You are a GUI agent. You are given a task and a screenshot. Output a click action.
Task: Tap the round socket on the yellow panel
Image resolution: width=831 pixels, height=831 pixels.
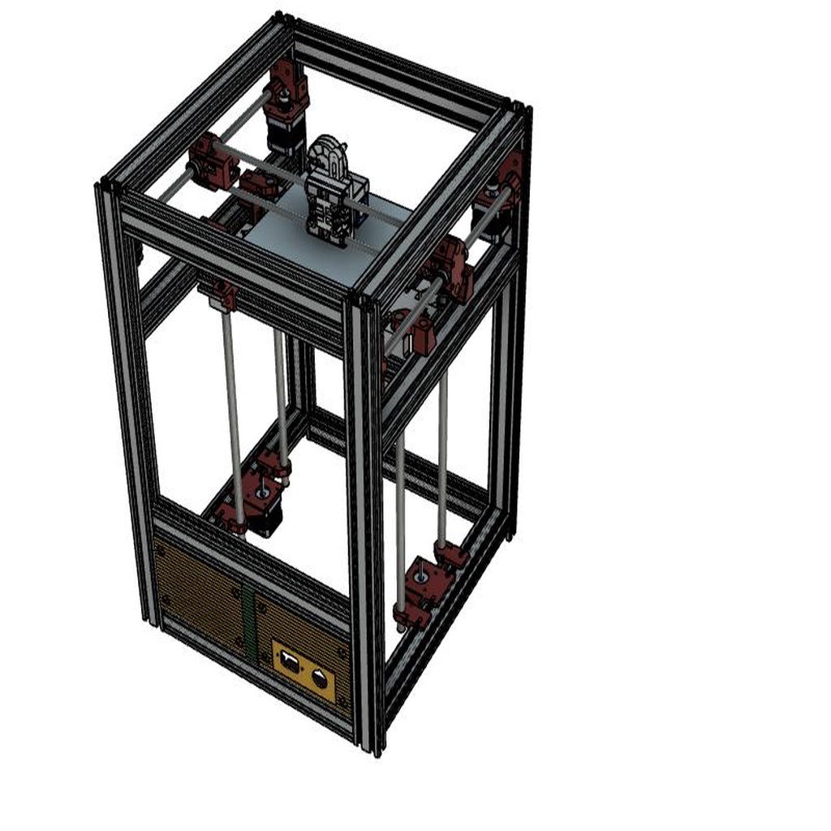[321, 678]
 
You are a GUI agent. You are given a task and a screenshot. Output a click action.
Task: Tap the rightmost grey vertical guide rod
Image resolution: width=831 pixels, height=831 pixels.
[443, 463]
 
